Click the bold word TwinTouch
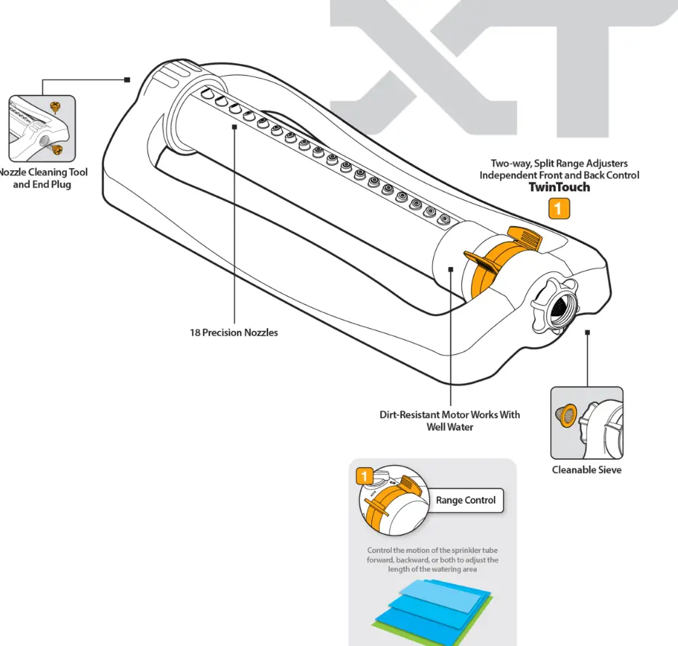(559, 187)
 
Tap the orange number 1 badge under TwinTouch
(559, 209)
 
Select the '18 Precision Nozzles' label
(234, 332)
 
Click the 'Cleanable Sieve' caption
(586, 469)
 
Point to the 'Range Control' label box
(466, 501)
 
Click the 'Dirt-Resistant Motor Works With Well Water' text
(450, 420)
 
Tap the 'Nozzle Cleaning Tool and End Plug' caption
(42, 178)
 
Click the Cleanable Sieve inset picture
(586, 423)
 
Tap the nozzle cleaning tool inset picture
(41, 129)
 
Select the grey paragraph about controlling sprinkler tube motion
(432, 559)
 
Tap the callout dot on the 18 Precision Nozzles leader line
(235, 127)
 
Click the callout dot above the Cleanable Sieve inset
(587, 332)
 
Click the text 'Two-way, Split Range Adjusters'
(559, 164)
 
